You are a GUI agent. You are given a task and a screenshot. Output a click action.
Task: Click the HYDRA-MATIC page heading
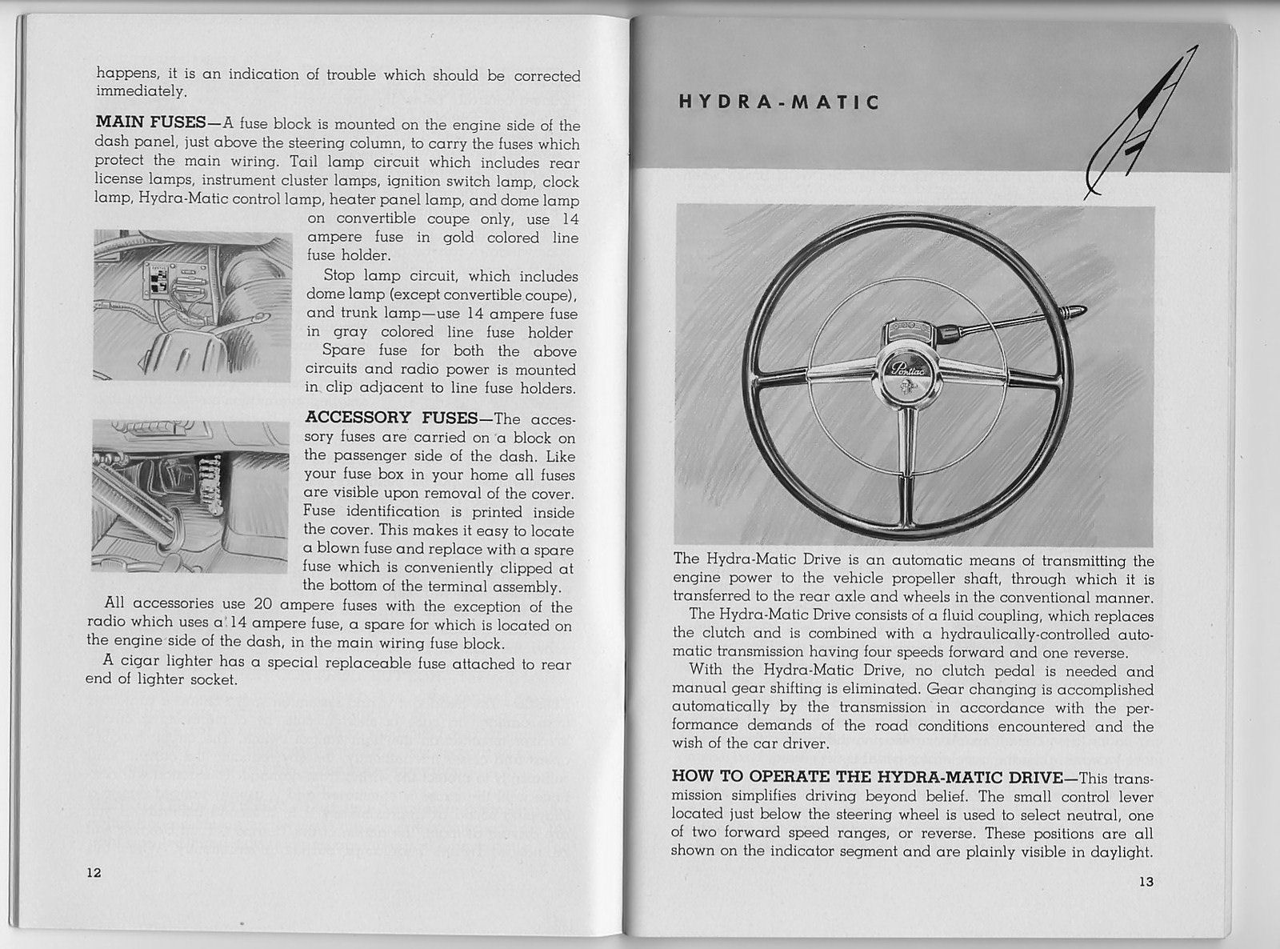coord(778,103)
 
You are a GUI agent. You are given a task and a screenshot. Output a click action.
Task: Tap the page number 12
coord(94,873)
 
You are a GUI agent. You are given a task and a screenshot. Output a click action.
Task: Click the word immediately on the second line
coord(141,93)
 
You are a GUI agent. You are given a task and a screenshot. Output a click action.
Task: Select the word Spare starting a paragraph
coord(342,351)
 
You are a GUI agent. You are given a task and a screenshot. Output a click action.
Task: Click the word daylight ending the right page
coord(1125,853)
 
